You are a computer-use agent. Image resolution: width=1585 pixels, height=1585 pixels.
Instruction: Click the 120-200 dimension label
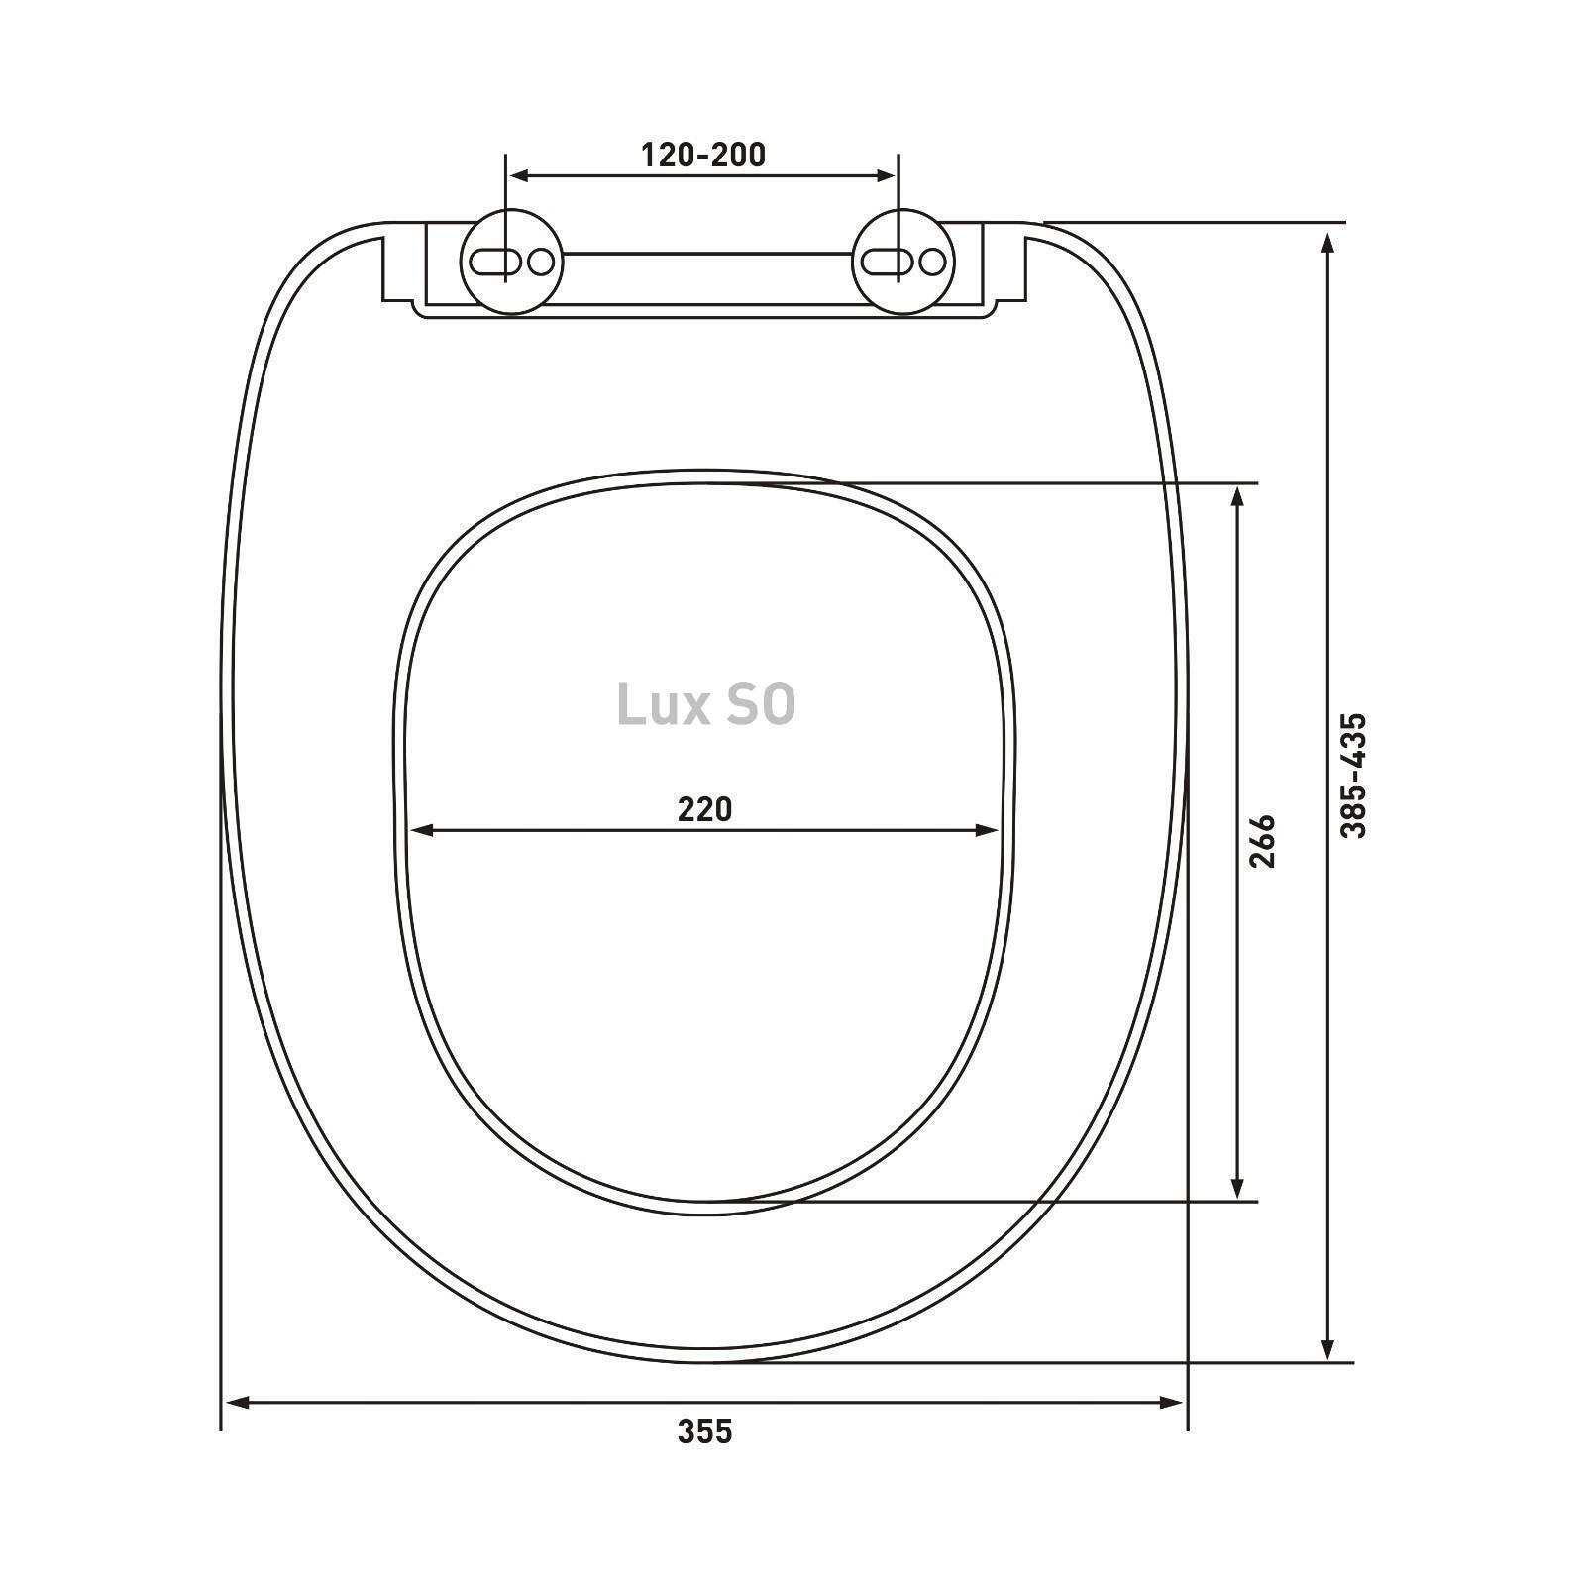[x=703, y=156]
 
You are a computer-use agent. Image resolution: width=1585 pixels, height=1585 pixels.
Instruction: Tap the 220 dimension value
[x=704, y=809]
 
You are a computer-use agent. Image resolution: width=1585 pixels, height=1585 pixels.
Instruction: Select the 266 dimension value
[x=1262, y=842]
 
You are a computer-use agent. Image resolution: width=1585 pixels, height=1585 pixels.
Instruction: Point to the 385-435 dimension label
[x=1353, y=776]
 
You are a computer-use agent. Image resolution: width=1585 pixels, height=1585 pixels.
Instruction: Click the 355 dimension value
[x=704, y=1431]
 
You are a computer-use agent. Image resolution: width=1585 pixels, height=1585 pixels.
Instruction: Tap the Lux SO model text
[x=705, y=704]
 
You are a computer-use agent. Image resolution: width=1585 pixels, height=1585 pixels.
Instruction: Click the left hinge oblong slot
[x=494, y=262]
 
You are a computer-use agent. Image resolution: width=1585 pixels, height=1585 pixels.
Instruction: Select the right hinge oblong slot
[x=887, y=262]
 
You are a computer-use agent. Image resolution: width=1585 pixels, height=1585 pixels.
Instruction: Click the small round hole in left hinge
[x=541, y=262]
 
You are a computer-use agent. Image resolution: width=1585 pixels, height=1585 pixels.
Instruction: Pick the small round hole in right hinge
[x=932, y=262]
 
